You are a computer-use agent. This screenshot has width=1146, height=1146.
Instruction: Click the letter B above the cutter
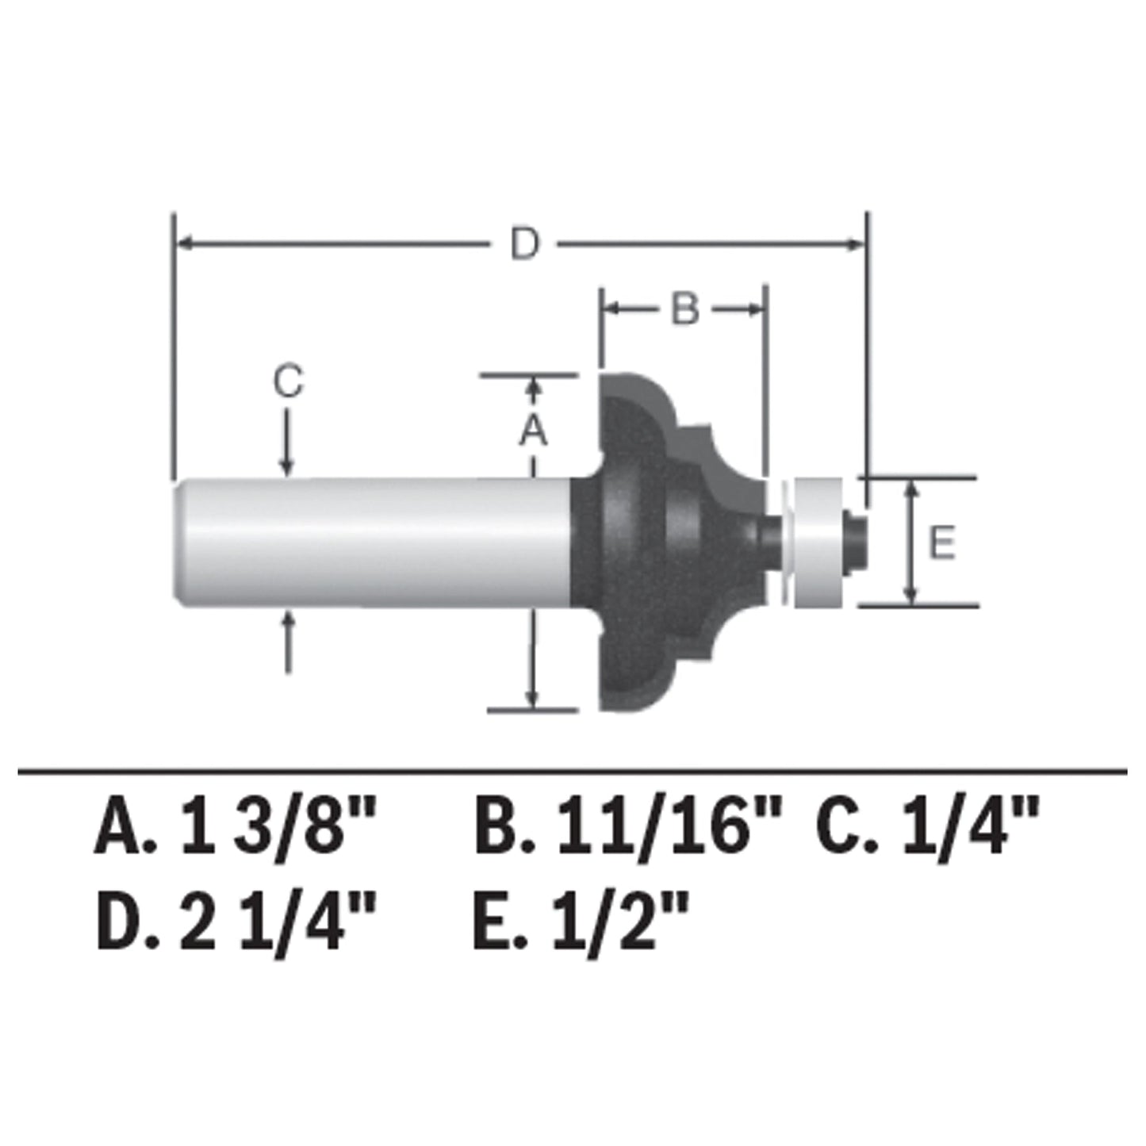[684, 309]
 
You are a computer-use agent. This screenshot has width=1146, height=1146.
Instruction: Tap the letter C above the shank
[288, 383]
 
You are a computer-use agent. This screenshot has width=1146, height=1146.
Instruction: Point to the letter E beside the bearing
[941, 545]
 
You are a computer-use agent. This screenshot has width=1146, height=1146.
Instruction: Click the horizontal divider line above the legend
[571, 771]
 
